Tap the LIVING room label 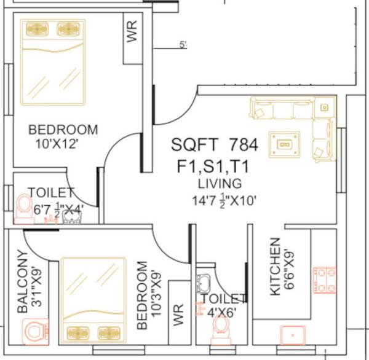coord(220,184)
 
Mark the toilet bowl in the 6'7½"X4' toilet coord(25,208)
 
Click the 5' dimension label coord(183,45)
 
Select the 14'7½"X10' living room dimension coord(223,200)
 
